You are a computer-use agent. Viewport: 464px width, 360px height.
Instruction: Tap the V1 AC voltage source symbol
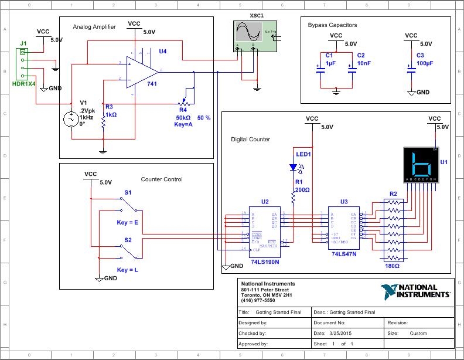click(72, 120)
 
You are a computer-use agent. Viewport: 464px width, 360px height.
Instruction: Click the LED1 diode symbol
click(294, 167)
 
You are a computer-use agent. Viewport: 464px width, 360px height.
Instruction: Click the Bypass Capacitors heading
click(332, 25)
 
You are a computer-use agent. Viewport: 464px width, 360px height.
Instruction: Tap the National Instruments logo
click(416, 291)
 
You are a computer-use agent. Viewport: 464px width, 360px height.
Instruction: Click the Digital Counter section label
click(250, 140)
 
